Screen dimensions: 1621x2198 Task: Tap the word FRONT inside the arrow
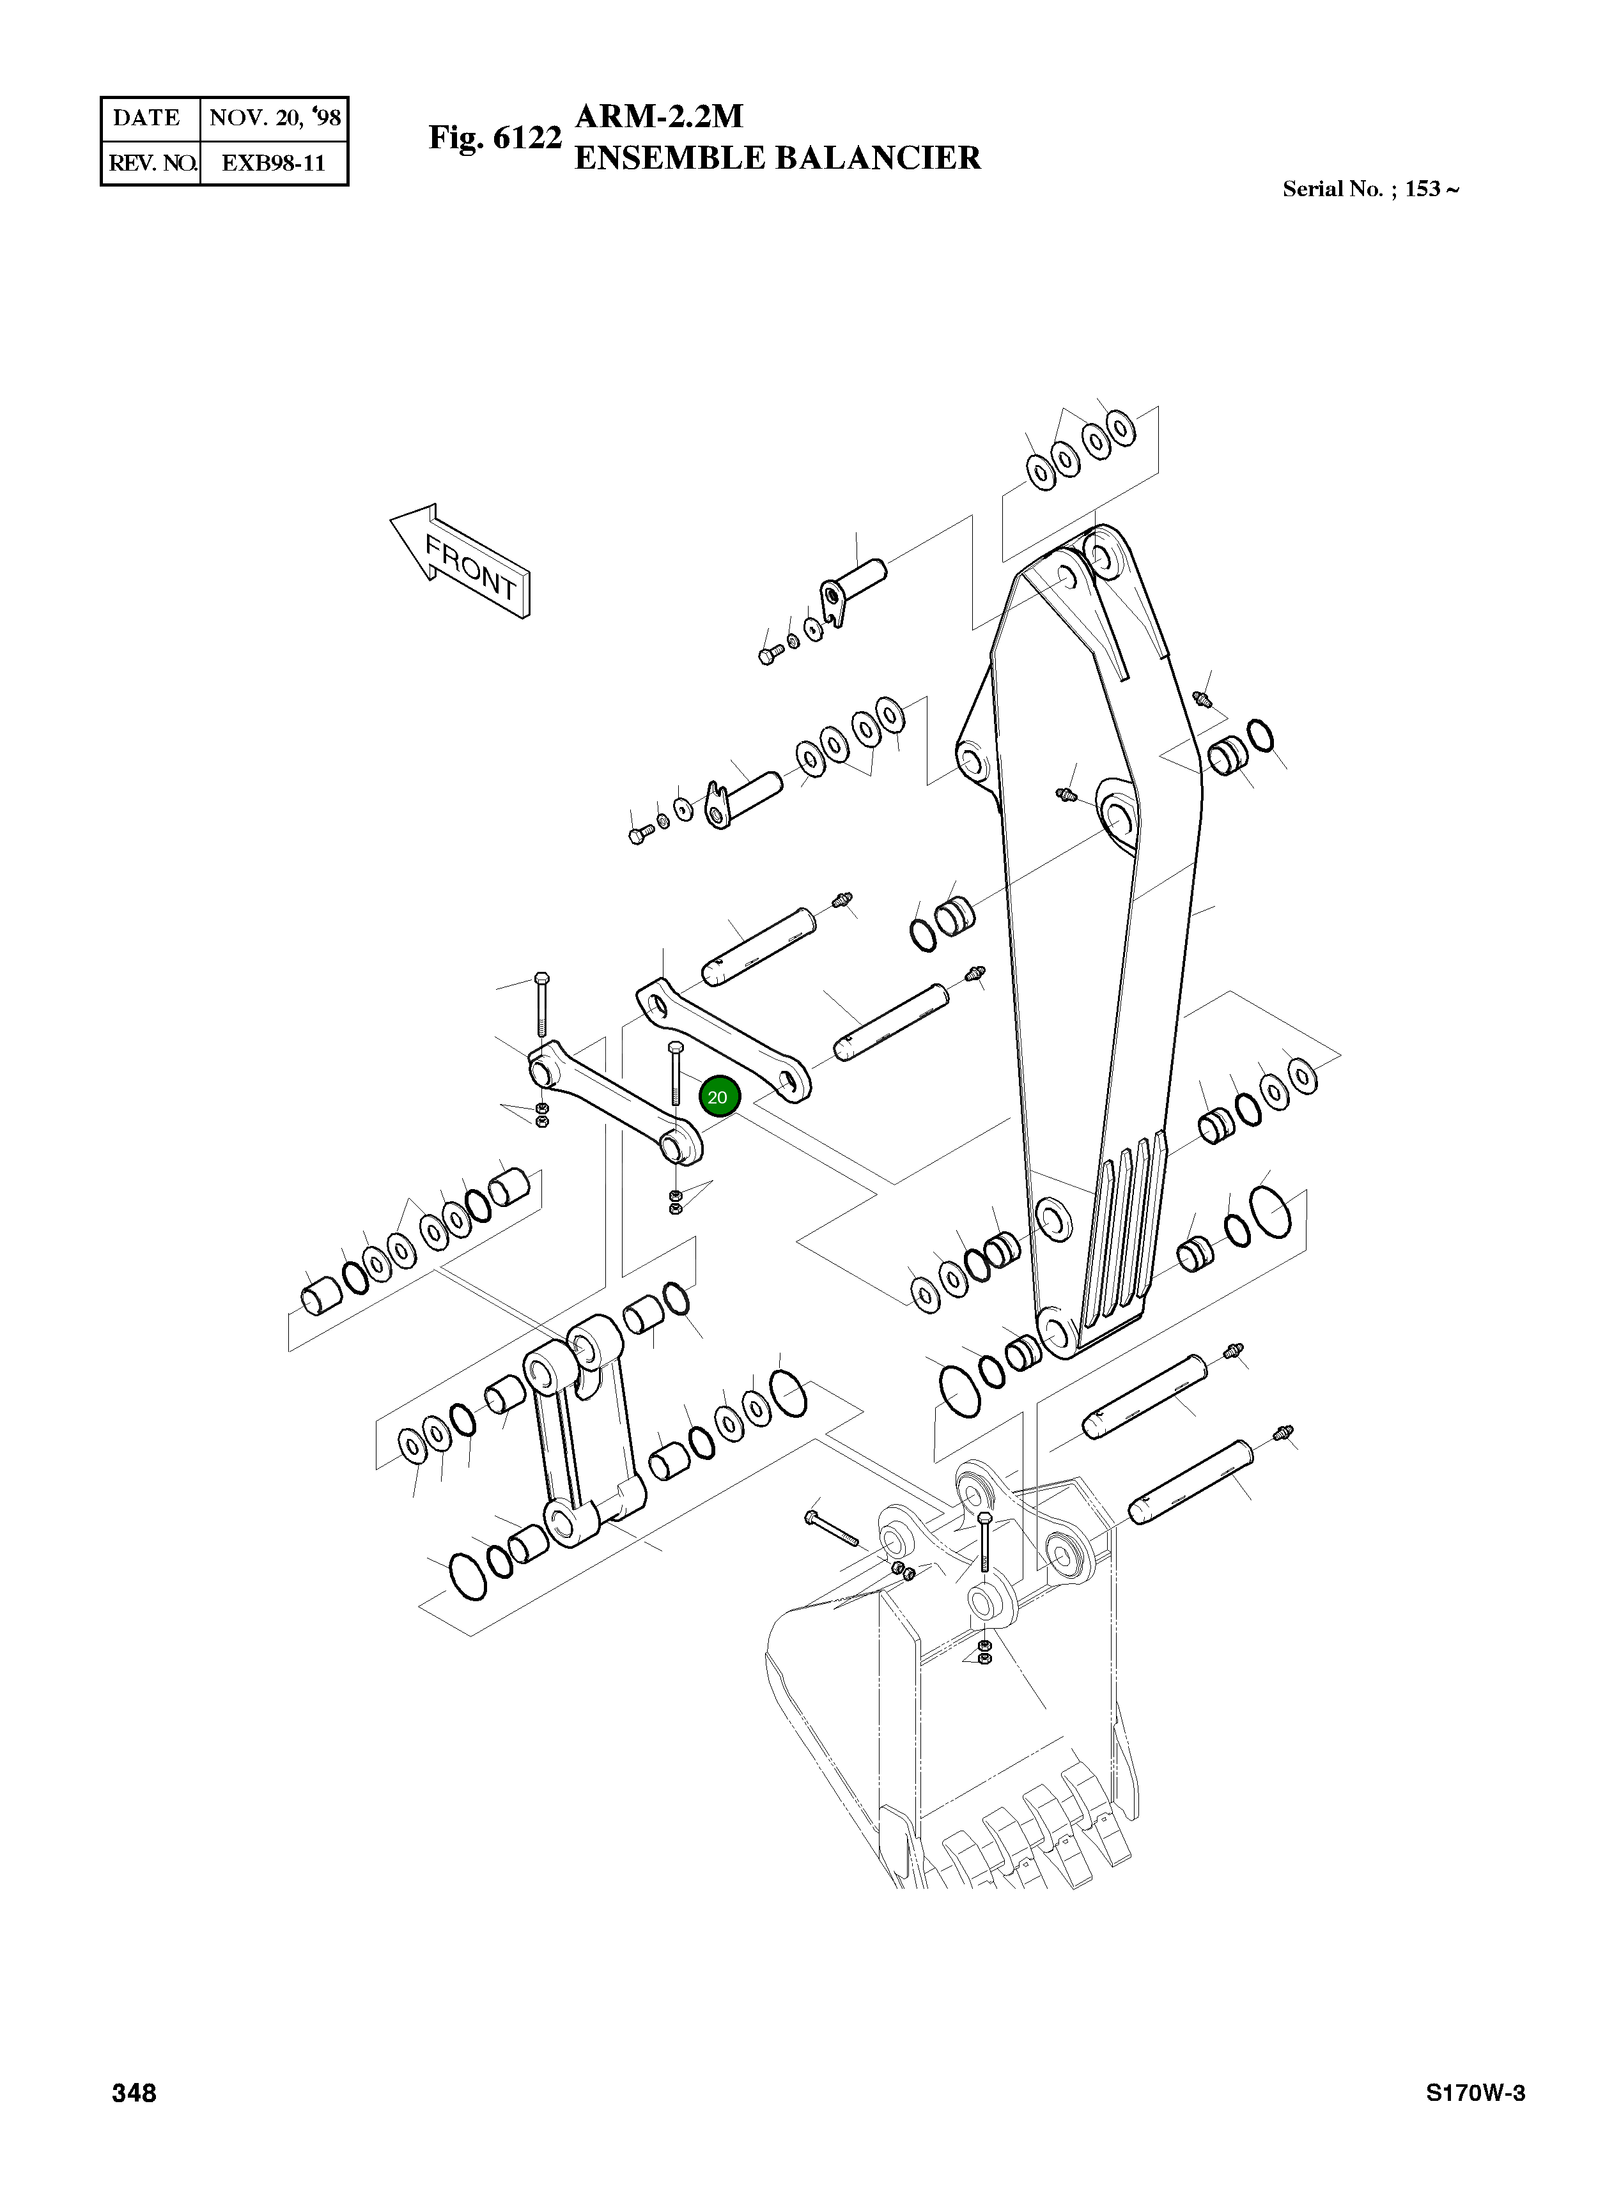coord(471,568)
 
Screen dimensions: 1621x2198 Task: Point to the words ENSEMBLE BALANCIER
coord(777,158)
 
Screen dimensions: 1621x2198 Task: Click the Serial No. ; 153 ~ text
coord(1370,189)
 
